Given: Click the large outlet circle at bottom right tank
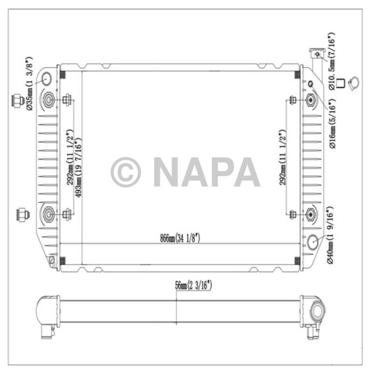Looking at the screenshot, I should pyautogui.click(x=313, y=242).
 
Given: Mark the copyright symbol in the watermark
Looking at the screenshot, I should pyautogui.click(x=126, y=172).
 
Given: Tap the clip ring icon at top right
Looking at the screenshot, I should pyautogui.click(x=353, y=83).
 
